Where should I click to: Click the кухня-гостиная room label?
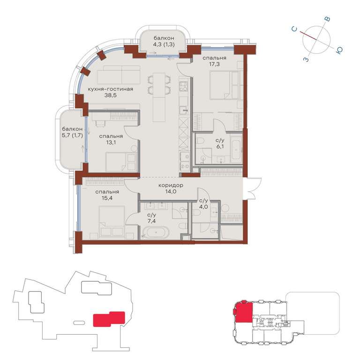pos(111,89)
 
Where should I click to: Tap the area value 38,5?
pos(111,95)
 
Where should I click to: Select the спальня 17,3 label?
pos(214,61)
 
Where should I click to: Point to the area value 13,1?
pos(111,142)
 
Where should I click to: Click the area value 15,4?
pos(107,198)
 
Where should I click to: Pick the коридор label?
pos(171,185)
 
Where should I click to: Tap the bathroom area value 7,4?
pos(152,221)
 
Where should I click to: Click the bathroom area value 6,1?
pos(220,146)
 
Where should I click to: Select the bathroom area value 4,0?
pos(203,207)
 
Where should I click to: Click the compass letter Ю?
pos(339,50)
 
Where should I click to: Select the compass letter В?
pos(328,19)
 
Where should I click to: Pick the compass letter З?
pos(306,60)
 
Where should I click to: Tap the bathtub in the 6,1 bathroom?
pos(236,149)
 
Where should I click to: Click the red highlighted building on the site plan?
pos(109,319)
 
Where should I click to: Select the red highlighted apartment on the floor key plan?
pos(243,312)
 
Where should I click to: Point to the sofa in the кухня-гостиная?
pos(119,75)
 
